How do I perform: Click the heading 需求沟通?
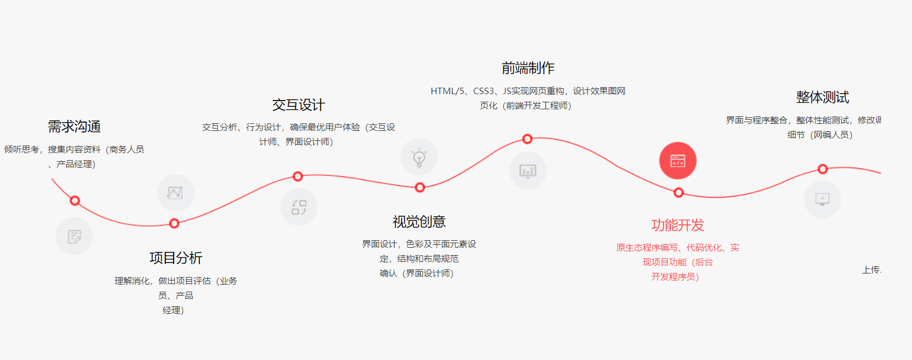tap(74, 126)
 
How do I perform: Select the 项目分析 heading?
tap(176, 258)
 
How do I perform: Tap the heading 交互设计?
tap(298, 105)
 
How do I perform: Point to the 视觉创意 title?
tap(419, 221)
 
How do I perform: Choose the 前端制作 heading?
tap(528, 68)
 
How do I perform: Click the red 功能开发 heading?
tap(678, 225)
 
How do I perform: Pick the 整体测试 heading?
tap(822, 97)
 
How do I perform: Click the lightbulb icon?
tap(419, 157)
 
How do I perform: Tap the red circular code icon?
tap(678, 161)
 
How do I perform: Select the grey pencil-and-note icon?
tap(74, 237)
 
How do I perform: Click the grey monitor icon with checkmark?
tap(822, 199)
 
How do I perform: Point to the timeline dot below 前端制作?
tap(527, 139)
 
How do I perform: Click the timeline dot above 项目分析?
tap(174, 223)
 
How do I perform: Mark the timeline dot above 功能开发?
tap(678, 192)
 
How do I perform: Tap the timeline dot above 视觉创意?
tap(420, 187)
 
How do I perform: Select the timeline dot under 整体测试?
tap(823, 169)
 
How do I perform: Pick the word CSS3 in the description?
tap(484, 91)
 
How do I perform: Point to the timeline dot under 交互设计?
tap(298, 176)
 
